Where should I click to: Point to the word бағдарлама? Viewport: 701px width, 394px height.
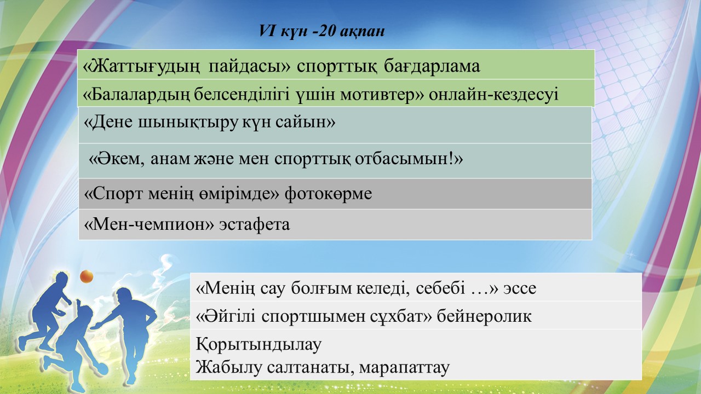[x=432, y=66]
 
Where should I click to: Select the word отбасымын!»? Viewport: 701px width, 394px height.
[x=409, y=159]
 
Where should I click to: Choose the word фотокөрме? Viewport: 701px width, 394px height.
[x=328, y=194]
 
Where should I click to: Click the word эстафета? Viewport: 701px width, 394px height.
[x=255, y=224]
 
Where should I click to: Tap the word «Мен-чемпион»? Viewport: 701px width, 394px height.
[x=149, y=224]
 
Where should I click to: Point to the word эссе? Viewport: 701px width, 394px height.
[x=520, y=288]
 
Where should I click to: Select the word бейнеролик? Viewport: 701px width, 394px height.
[x=484, y=316]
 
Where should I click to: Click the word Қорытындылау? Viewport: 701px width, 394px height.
[x=258, y=345]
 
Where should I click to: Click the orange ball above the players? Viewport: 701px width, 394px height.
[x=87, y=277]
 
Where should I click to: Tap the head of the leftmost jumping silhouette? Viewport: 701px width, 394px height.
[x=61, y=279]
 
